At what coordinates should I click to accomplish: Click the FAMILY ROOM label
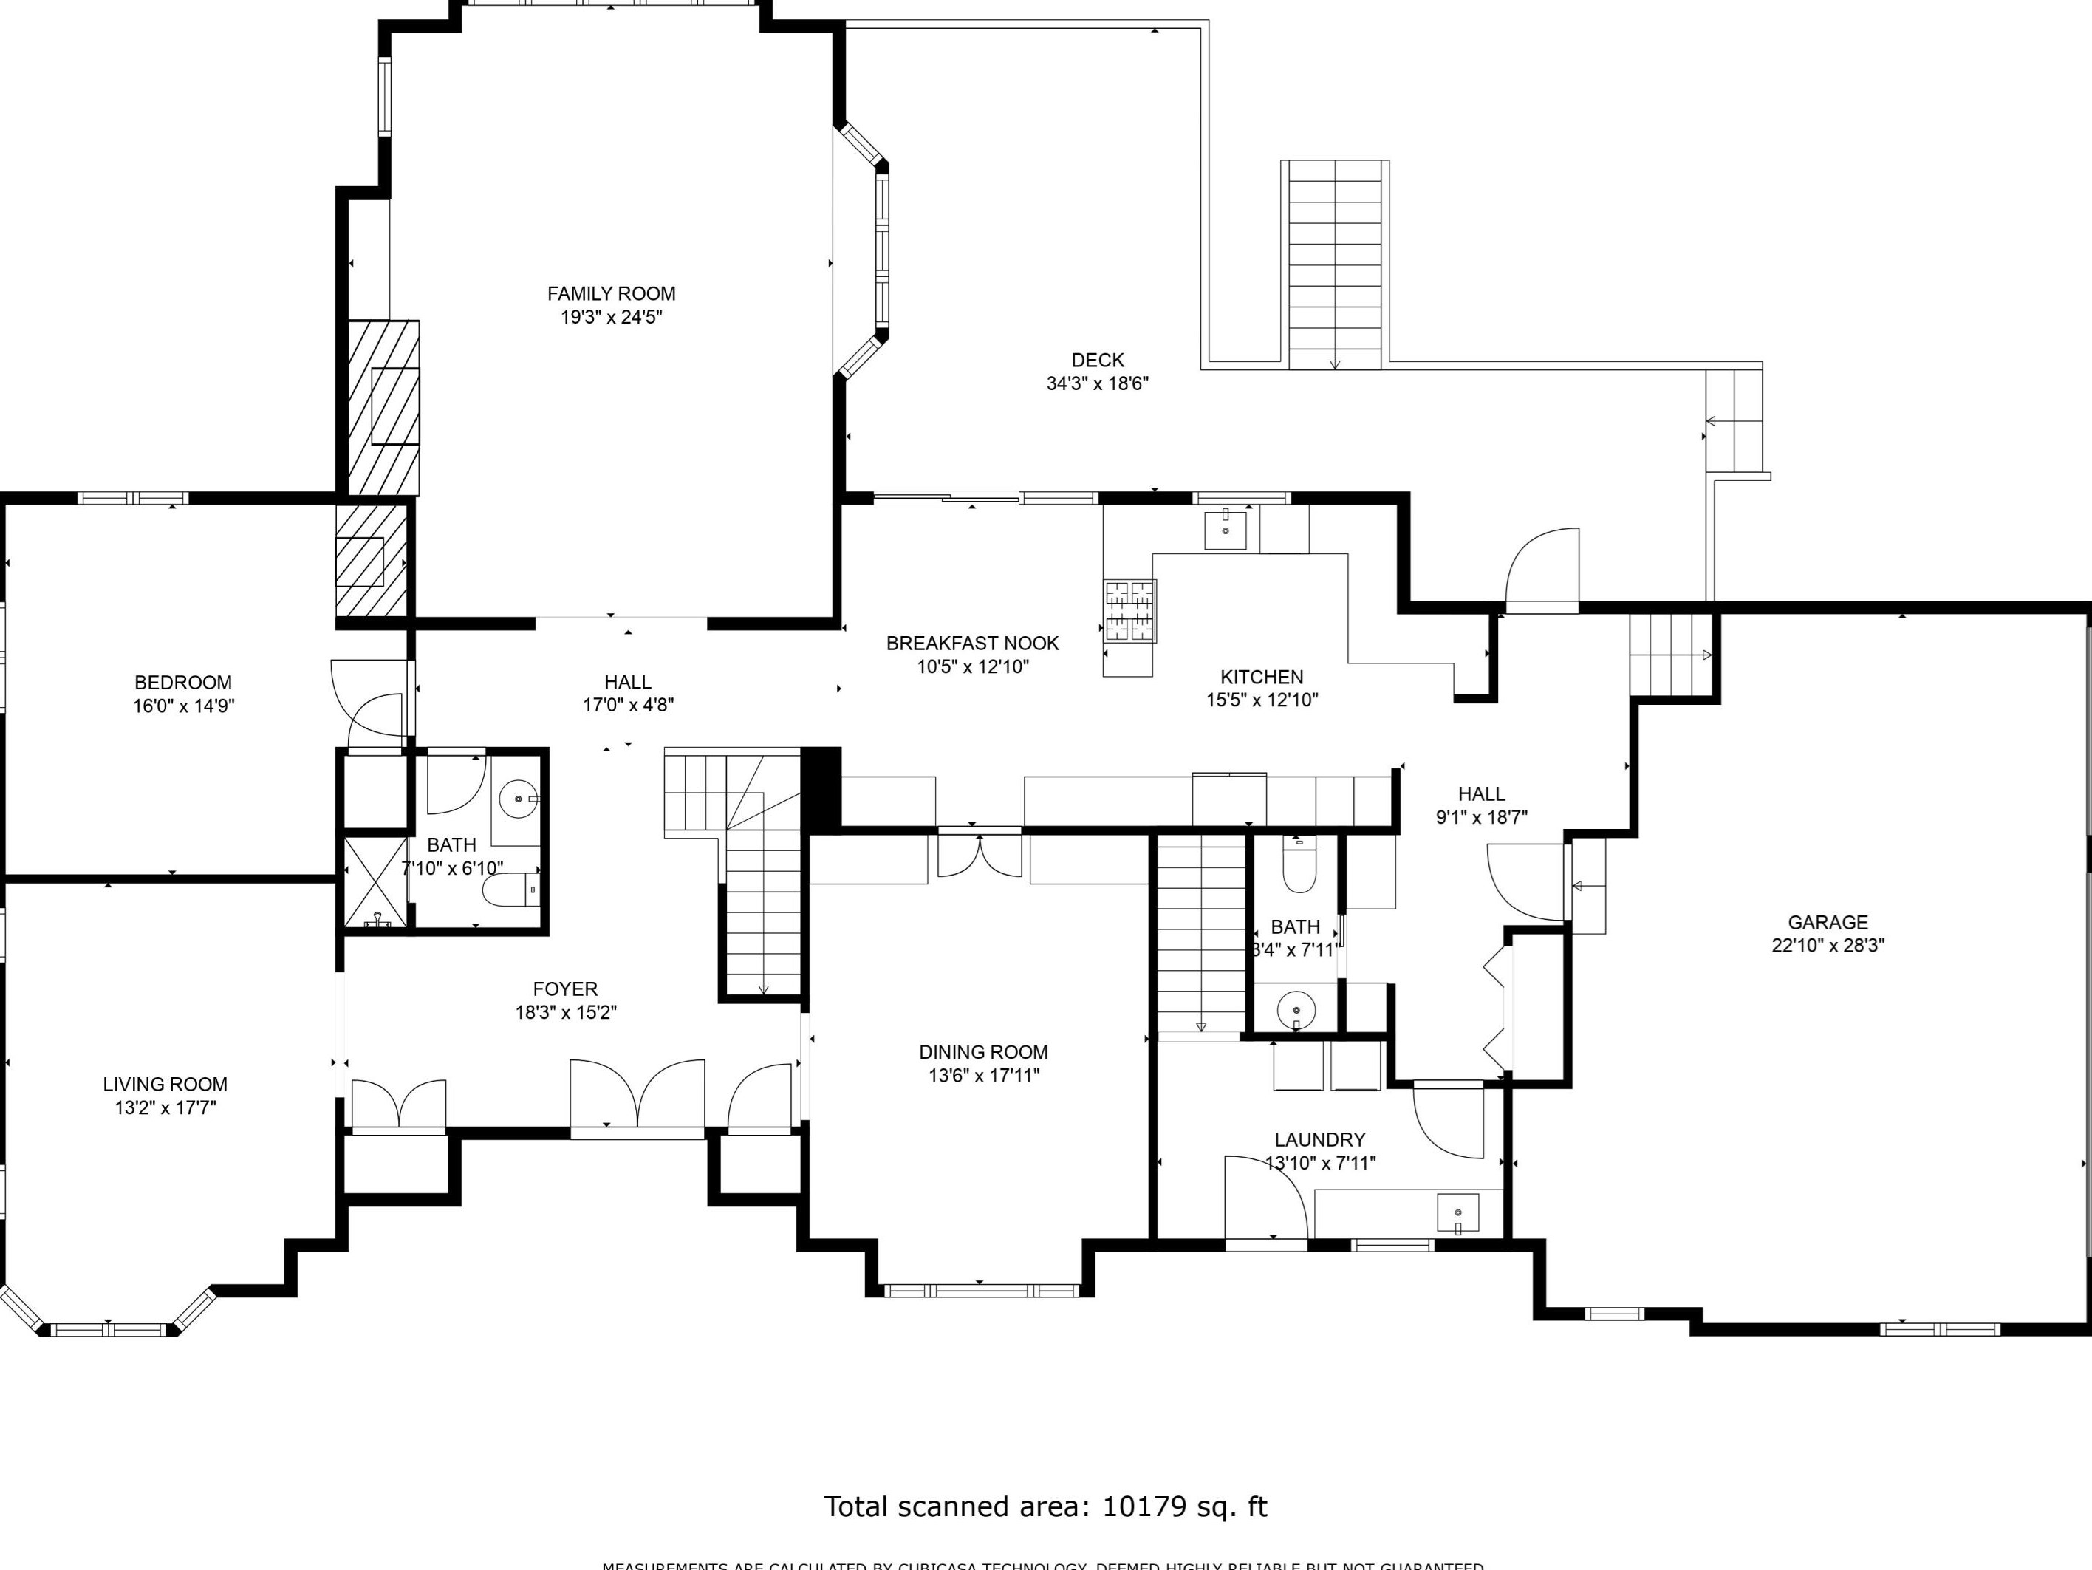click(611, 293)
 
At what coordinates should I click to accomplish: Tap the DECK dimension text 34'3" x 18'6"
click(1097, 383)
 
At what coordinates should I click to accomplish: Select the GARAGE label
click(1828, 922)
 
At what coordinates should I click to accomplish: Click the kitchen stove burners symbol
click(1130, 610)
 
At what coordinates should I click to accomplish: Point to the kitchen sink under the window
click(1225, 530)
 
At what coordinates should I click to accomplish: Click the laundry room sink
click(1457, 1213)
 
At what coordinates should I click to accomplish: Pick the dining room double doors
click(980, 854)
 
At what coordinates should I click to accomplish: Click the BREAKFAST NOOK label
click(972, 643)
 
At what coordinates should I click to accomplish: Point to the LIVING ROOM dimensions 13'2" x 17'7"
click(165, 1107)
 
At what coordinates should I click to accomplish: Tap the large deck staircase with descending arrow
click(1334, 264)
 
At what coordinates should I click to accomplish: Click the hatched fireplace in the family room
click(384, 406)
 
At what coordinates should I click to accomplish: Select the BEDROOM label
click(182, 682)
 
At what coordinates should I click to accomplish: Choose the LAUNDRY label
click(1319, 1140)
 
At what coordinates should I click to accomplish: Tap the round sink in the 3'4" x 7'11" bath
click(1296, 1009)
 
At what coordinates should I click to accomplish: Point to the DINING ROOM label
click(984, 1051)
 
